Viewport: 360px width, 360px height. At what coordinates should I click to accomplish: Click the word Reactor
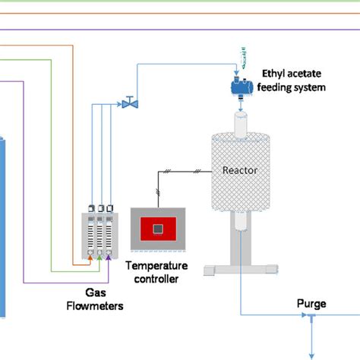click(x=239, y=170)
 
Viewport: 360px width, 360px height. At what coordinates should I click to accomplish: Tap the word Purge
click(x=311, y=304)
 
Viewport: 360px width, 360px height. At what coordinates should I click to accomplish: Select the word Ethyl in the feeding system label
click(x=273, y=74)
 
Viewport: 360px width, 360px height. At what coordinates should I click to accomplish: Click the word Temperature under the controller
click(x=156, y=266)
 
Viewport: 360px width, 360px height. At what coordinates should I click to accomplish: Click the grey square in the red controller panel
click(x=157, y=228)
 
